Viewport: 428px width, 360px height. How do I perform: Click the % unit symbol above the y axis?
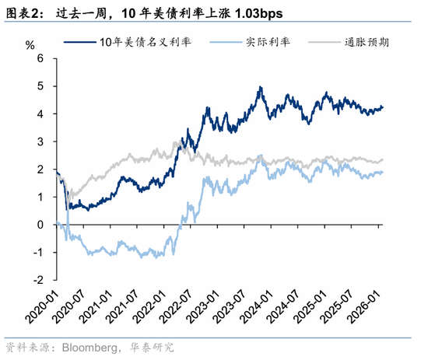30,45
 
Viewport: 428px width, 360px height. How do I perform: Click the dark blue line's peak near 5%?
259,87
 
